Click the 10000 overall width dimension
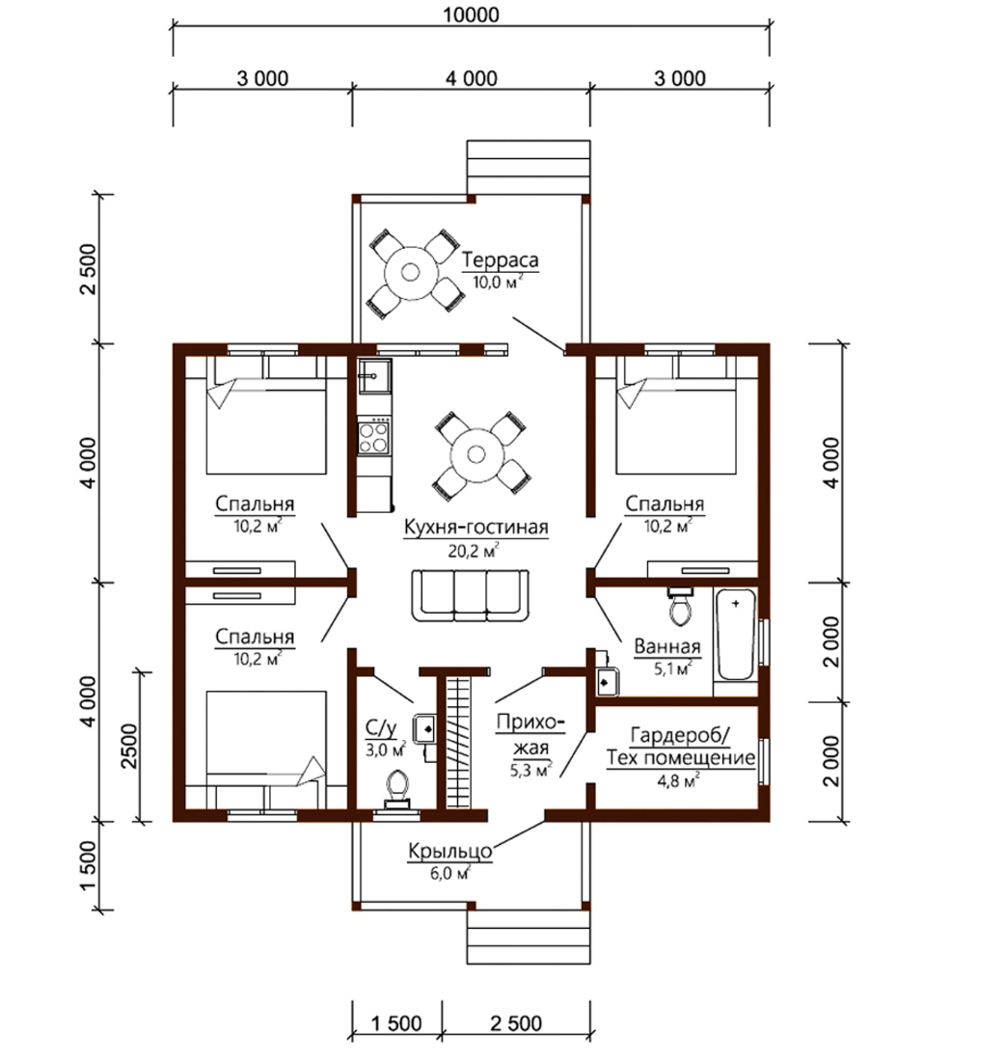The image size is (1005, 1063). (471, 14)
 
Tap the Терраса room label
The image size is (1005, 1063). (501, 259)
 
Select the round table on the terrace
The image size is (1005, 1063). (410, 272)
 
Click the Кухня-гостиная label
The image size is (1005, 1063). (475, 527)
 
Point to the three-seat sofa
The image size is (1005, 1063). (471, 594)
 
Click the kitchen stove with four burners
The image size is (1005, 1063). (373, 436)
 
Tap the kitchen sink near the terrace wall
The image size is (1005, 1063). (374, 375)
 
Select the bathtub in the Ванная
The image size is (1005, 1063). (736, 635)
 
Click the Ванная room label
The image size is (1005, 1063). (666, 646)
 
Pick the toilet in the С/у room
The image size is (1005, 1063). (397, 790)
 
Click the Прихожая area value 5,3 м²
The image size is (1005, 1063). (530, 770)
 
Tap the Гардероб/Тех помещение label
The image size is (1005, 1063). (680, 747)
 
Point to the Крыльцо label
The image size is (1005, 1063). (450, 852)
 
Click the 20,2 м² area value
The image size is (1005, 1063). (474, 551)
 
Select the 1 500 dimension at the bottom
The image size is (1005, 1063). (396, 1023)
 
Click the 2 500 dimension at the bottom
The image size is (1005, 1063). (516, 1023)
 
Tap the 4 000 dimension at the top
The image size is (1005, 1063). (471, 79)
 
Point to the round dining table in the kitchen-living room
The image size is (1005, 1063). (475, 455)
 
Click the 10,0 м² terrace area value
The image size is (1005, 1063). (498, 282)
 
